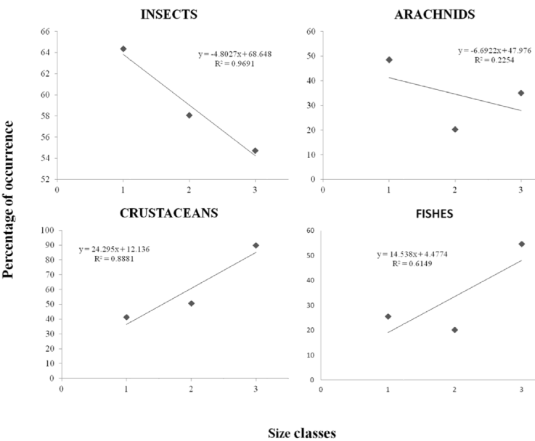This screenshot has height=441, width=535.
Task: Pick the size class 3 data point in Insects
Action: [255, 151]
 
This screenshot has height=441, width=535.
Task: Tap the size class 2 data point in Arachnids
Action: [455, 129]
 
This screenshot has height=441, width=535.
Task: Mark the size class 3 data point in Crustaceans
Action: [256, 246]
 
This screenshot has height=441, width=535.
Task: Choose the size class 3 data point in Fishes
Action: [521, 244]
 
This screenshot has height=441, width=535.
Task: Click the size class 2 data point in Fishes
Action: [454, 329]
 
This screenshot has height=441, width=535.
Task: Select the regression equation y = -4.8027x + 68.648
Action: [234, 54]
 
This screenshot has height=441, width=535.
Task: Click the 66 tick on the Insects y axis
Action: [45, 32]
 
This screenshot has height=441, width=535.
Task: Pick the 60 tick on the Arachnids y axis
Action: [311, 32]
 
